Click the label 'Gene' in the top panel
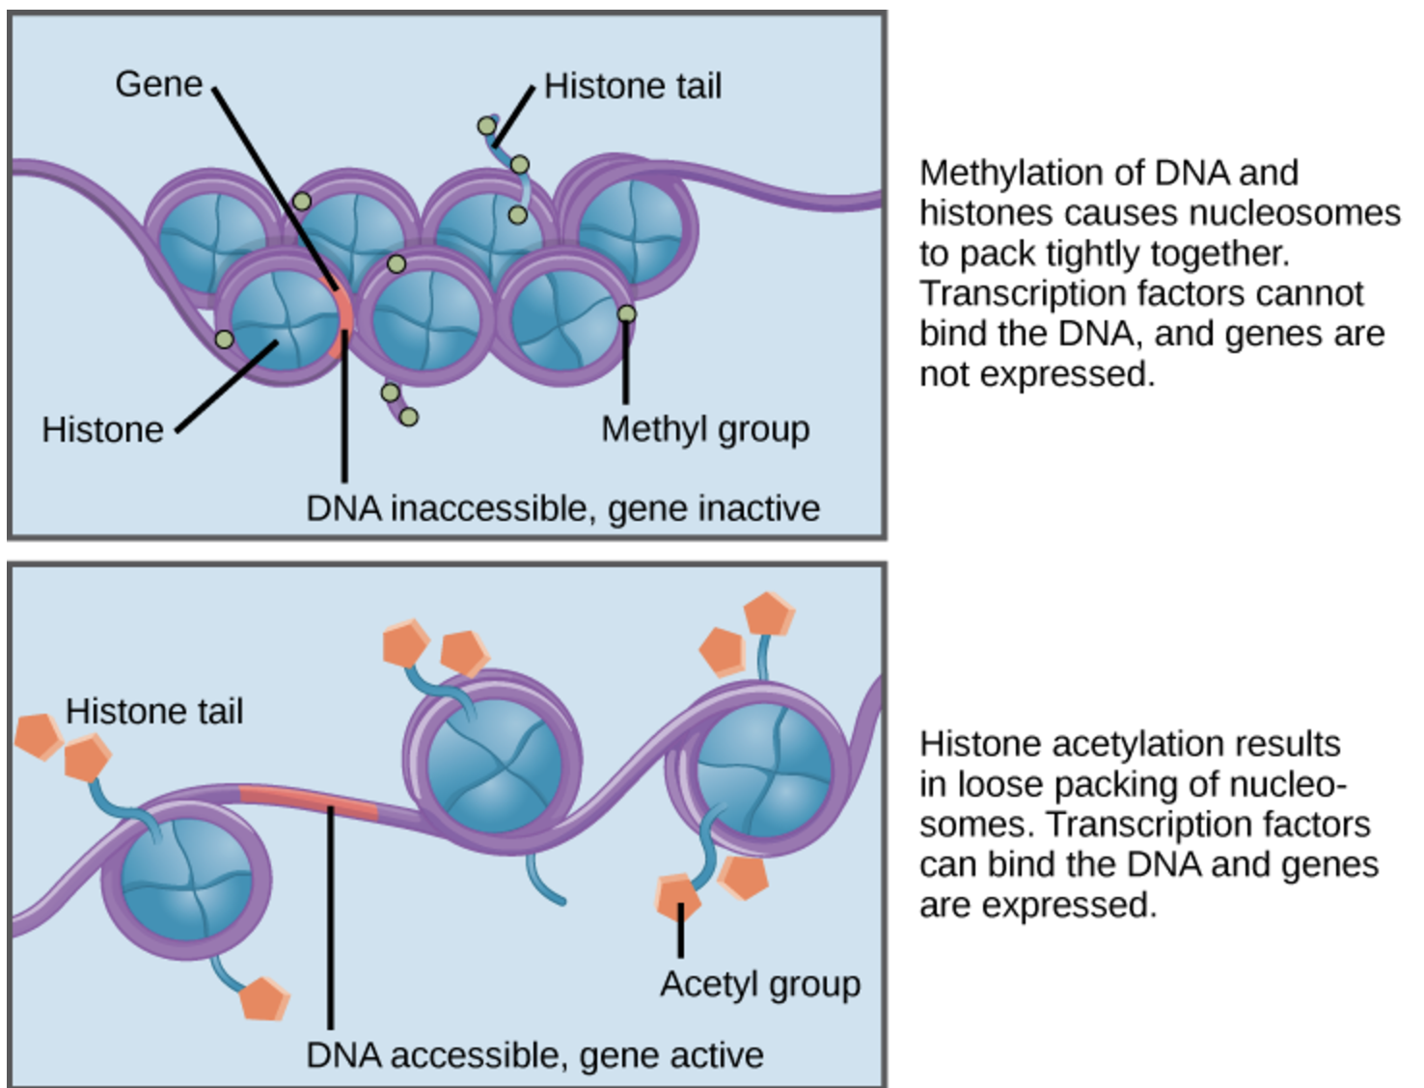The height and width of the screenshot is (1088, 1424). click(x=159, y=84)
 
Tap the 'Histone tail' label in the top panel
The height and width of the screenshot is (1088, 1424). click(x=633, y=86)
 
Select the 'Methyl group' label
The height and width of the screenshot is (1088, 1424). click(x=706, y=430)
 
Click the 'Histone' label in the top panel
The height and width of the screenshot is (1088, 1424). click(x=102, y=430)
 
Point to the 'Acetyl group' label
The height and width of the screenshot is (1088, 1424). click(x=760, y=984)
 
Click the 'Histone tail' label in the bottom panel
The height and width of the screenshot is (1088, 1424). click(x=154, y=711)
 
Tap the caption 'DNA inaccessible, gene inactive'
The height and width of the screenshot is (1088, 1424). click(x=563, y=508)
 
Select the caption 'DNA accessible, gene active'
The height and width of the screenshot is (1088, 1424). click(x=534, y=1055)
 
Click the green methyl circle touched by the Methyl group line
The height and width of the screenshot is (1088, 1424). click(x=626, y=314)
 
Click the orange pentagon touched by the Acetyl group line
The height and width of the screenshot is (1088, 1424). click(x=678, y=897)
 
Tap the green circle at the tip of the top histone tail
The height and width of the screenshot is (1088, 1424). click(x=486, y=126)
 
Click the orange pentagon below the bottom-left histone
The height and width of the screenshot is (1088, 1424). click(x=264, y=999)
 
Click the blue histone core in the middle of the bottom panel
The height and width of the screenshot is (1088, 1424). click(x=495, y=765)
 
